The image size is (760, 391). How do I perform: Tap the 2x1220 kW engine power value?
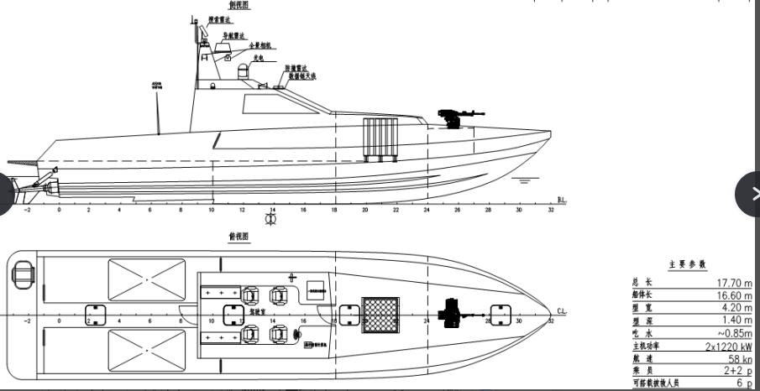pos(729,346)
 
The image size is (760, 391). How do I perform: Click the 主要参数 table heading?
pos(687,263)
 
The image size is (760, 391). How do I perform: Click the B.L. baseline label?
pos(562,201)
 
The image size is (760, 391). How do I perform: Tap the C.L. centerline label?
pos(562,312)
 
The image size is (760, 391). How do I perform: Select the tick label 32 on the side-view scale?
pos(551,210)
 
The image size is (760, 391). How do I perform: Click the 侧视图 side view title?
pos(238,5)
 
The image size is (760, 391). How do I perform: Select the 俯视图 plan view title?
pos(238,237)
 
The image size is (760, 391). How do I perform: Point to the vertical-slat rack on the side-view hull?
pos(380,138)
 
